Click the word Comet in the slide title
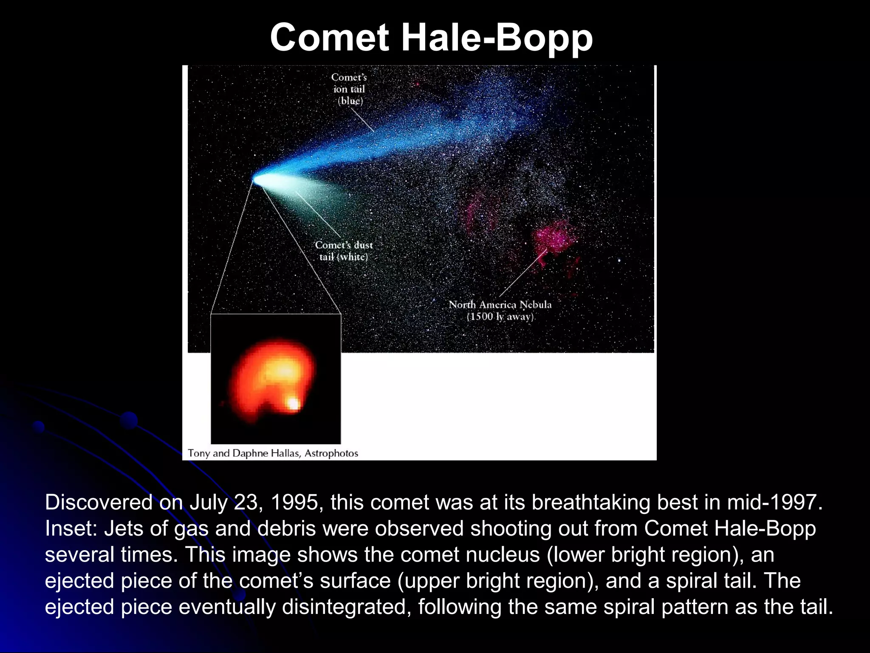coord(330,37)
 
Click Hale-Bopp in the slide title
coord(497,37)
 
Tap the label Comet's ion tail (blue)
coord(349,89)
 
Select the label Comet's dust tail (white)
coord(344,251)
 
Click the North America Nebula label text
coord(500,305)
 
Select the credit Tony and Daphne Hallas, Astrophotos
coord(273,453)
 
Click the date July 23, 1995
coord(254,502)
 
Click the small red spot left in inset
coord(222,403)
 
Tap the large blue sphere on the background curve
coord(129,420)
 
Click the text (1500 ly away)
coord(500,317)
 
